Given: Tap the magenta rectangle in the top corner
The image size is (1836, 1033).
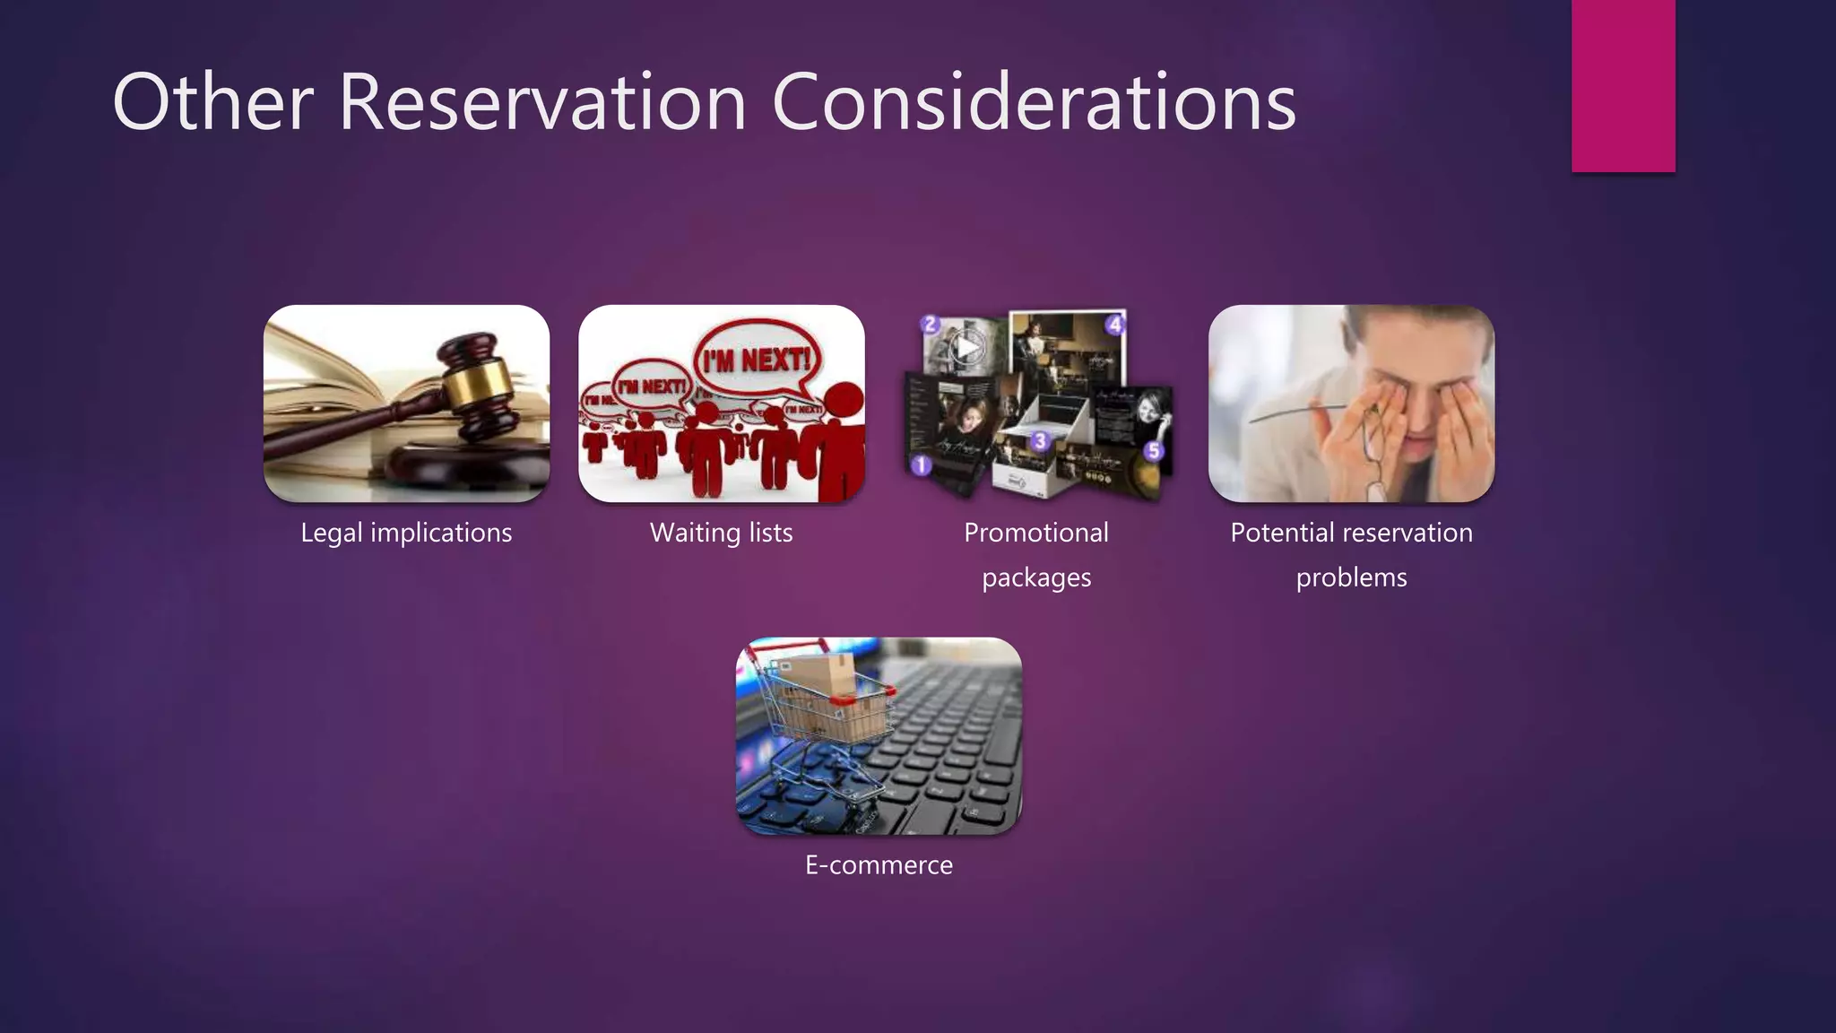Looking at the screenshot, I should pyautogui.click(x=1623, y=85).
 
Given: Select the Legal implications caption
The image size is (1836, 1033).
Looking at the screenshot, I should pyautogui.click(x=406, y=533).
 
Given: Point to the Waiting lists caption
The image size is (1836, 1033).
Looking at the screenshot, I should pyautogui.click(x=721, y=533).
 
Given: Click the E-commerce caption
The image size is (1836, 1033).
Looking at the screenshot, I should pyautogui.click(x=879, y=865).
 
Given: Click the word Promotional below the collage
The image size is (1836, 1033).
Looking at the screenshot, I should pyautogui.click(x=1035, y=533).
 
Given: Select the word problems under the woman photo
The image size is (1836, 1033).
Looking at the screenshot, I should pyautogui.click(x=1351, y=577).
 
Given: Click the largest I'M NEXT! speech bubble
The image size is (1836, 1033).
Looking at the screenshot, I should pyautogui.click(x=758, y=360).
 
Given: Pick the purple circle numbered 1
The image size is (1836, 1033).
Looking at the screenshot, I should pyautogui.click(x=921, y=465).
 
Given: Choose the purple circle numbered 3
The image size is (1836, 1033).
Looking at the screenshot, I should pyautogui.click(x=1039, y=440).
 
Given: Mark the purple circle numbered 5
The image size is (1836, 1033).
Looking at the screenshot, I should pyautogui.click(x=1154, y=450).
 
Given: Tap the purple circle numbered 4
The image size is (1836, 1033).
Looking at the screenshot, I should pyautogui.click(x=1114, y=325).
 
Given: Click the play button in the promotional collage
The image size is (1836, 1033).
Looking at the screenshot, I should pyautogui.click(x=966, y=346).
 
